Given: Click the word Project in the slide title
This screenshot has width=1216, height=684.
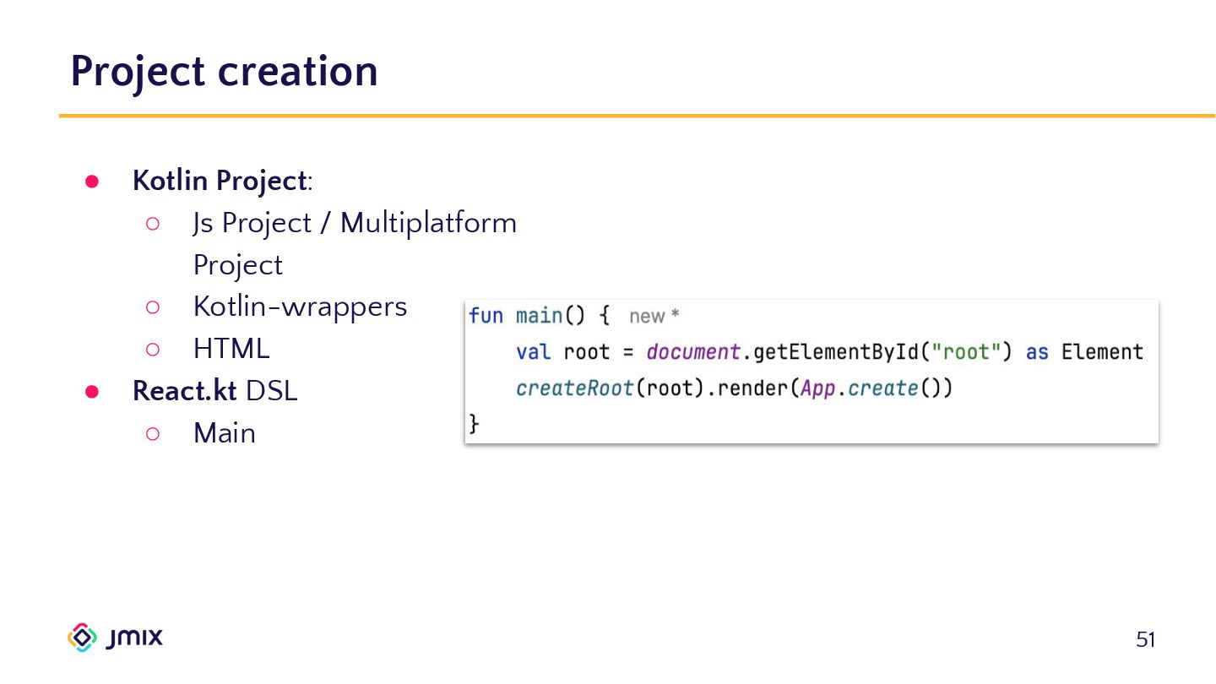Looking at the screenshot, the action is pos(138,72).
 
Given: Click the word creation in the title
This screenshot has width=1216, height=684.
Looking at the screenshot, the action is pos(297,72).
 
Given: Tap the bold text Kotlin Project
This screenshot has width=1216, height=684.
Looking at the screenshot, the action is pos(218,182).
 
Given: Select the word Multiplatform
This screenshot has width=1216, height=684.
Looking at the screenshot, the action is pos(428,224).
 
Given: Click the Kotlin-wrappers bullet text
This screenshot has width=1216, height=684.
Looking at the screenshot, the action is pos(300,307).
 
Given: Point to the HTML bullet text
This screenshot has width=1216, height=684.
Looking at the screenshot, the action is pos(231,349).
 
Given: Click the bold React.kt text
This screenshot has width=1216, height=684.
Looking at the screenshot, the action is pos(184,391).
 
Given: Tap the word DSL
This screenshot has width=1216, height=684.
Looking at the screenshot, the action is pos(271,391).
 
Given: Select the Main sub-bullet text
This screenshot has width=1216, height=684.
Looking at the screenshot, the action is pos(224,433).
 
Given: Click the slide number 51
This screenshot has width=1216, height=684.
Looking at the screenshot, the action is pos(1145,640).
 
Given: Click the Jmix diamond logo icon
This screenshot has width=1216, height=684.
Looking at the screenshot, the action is pos(82,638).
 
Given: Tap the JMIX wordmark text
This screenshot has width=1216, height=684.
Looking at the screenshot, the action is pos(135,638).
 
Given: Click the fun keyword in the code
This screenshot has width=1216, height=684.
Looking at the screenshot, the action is pos(486,317).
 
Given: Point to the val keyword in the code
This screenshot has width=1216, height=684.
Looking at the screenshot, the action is pos(533,352).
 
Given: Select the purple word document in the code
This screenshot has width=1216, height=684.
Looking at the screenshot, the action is pos(693,352).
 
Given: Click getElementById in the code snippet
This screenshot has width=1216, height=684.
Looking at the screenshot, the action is pos(836,352).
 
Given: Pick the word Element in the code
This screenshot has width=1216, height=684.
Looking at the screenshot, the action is pos(1102,352).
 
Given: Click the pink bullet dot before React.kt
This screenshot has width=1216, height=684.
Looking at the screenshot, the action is pos(92,392).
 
